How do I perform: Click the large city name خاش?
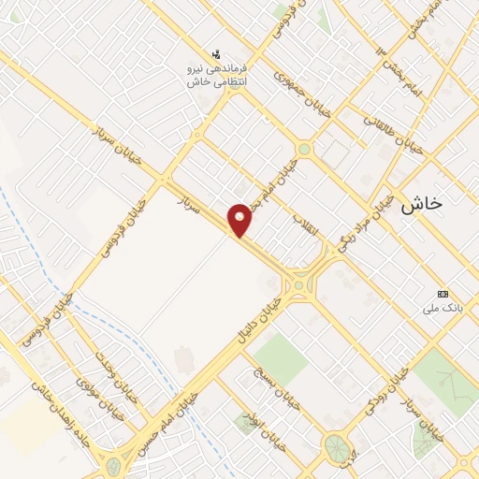coord(421,205)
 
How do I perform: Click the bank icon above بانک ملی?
coord(443,294)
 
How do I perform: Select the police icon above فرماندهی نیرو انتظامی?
coord(217,53)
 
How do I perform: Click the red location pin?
coord(241,219)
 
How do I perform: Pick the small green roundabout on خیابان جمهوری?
coord(304,148)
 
